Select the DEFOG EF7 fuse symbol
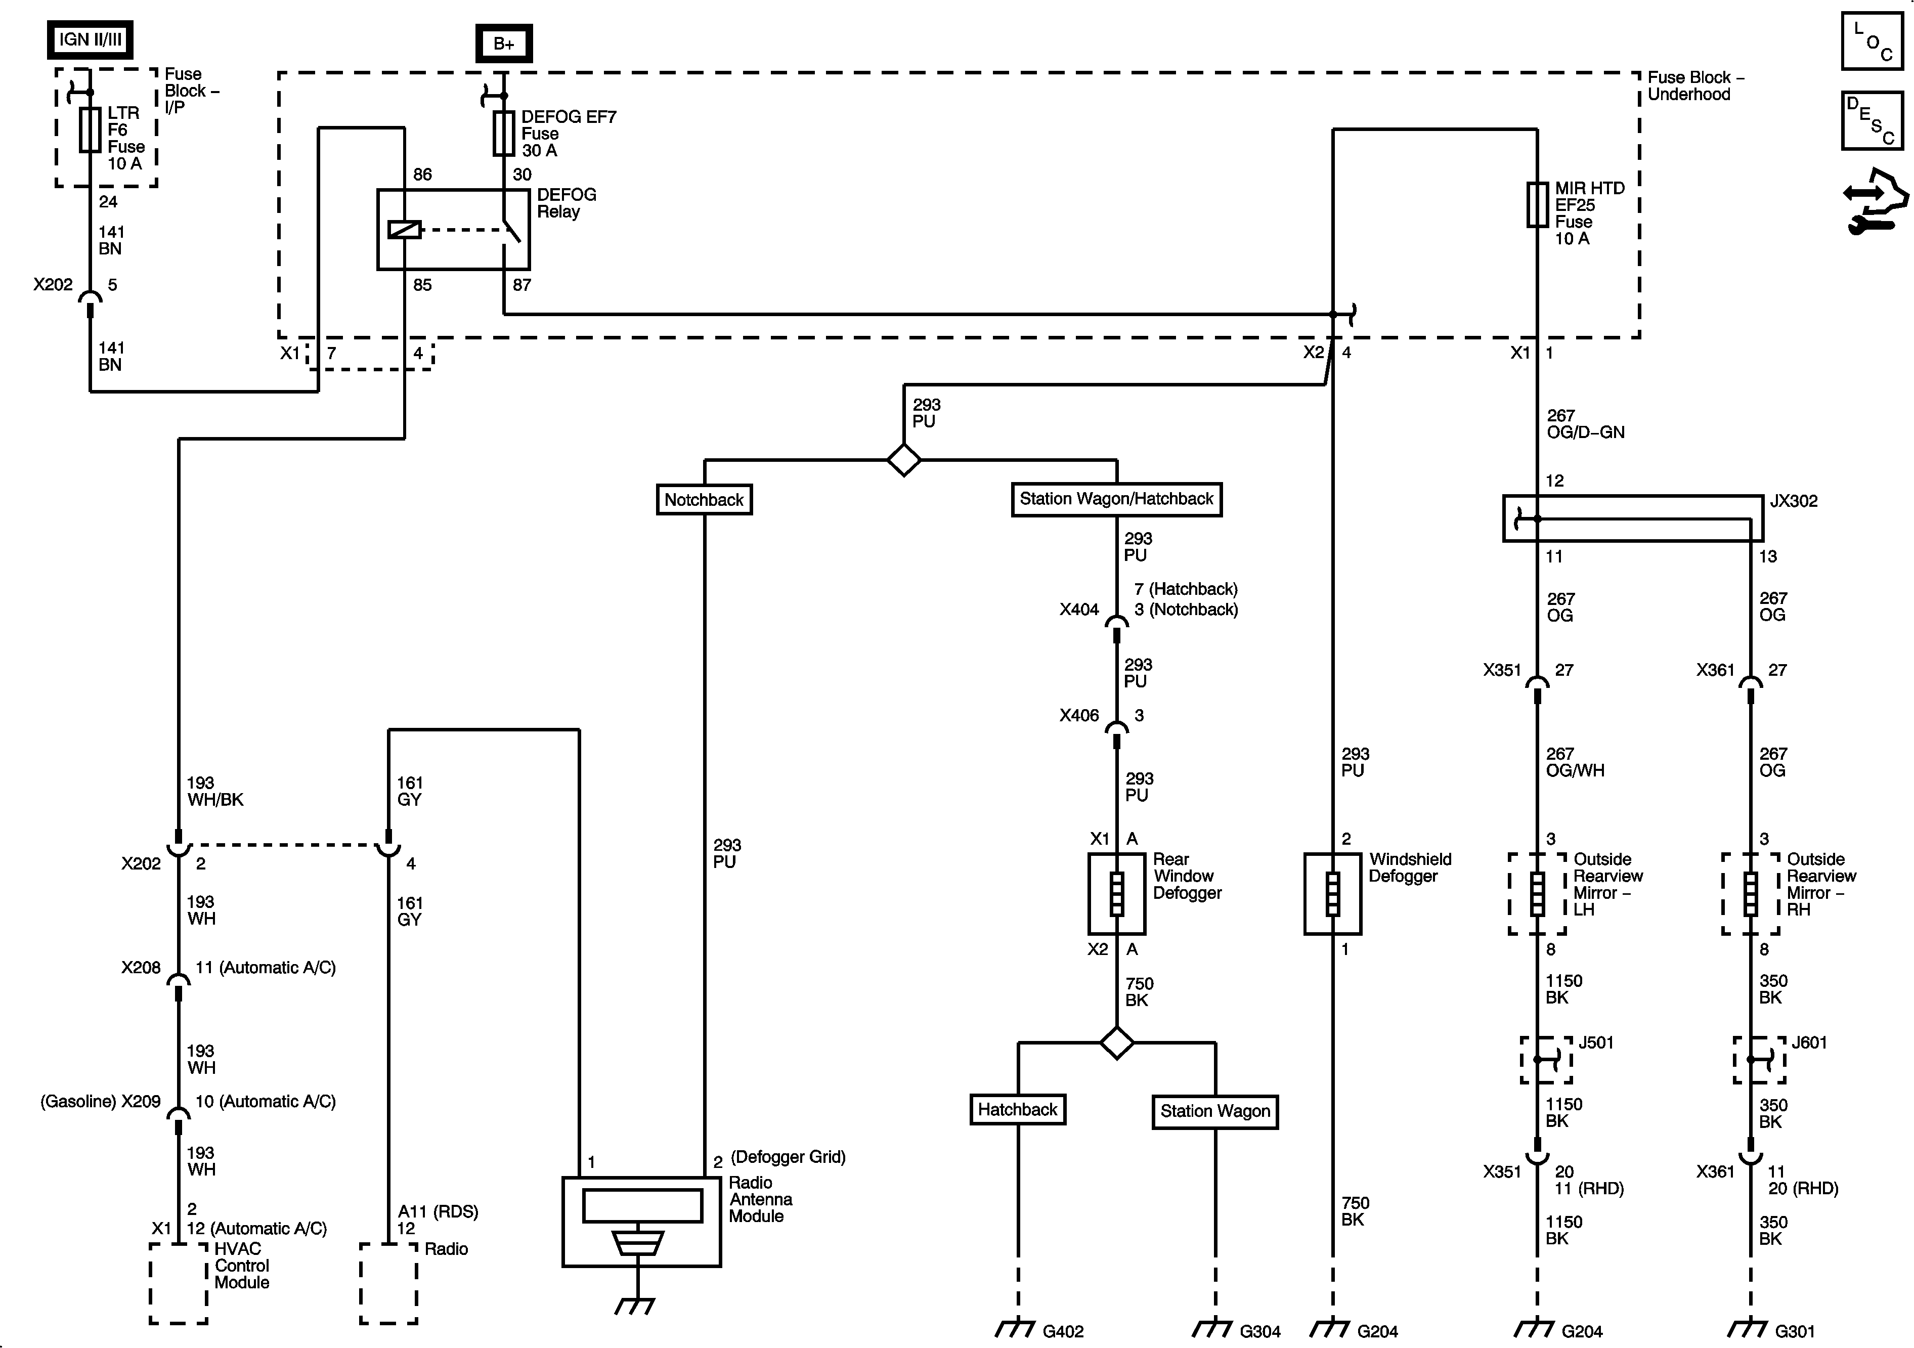tap(503, 134)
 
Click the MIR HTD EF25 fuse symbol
tap(1537, 204)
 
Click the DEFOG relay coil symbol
tap(404, 229)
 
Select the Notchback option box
tap(704, 499)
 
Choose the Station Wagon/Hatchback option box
tap(1116, 499)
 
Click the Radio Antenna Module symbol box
tap(641, 1221)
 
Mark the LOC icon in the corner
tap(1872, 40)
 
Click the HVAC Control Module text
tap(242, 1266)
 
